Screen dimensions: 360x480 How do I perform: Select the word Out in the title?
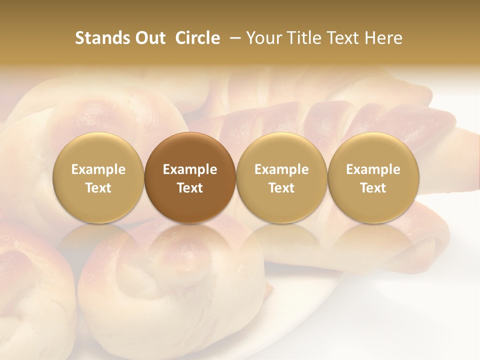tap(149, 38)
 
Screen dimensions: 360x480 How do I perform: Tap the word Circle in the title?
tap(197, 38)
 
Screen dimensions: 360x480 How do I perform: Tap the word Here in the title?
tap(383, 38)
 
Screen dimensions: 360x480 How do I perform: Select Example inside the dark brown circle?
tap(190, 169)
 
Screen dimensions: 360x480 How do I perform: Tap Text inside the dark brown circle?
tap(190, 188)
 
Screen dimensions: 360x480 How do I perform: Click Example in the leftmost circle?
tap(98, 169)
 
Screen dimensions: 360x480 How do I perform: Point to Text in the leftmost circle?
tap(98, 188)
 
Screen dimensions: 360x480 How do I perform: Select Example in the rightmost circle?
tap(373, 169)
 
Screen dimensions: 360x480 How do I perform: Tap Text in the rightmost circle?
tap(373, 188)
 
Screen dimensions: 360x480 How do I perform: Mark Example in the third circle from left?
tap(281, 169)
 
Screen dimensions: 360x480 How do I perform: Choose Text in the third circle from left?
tap(281, 188)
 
